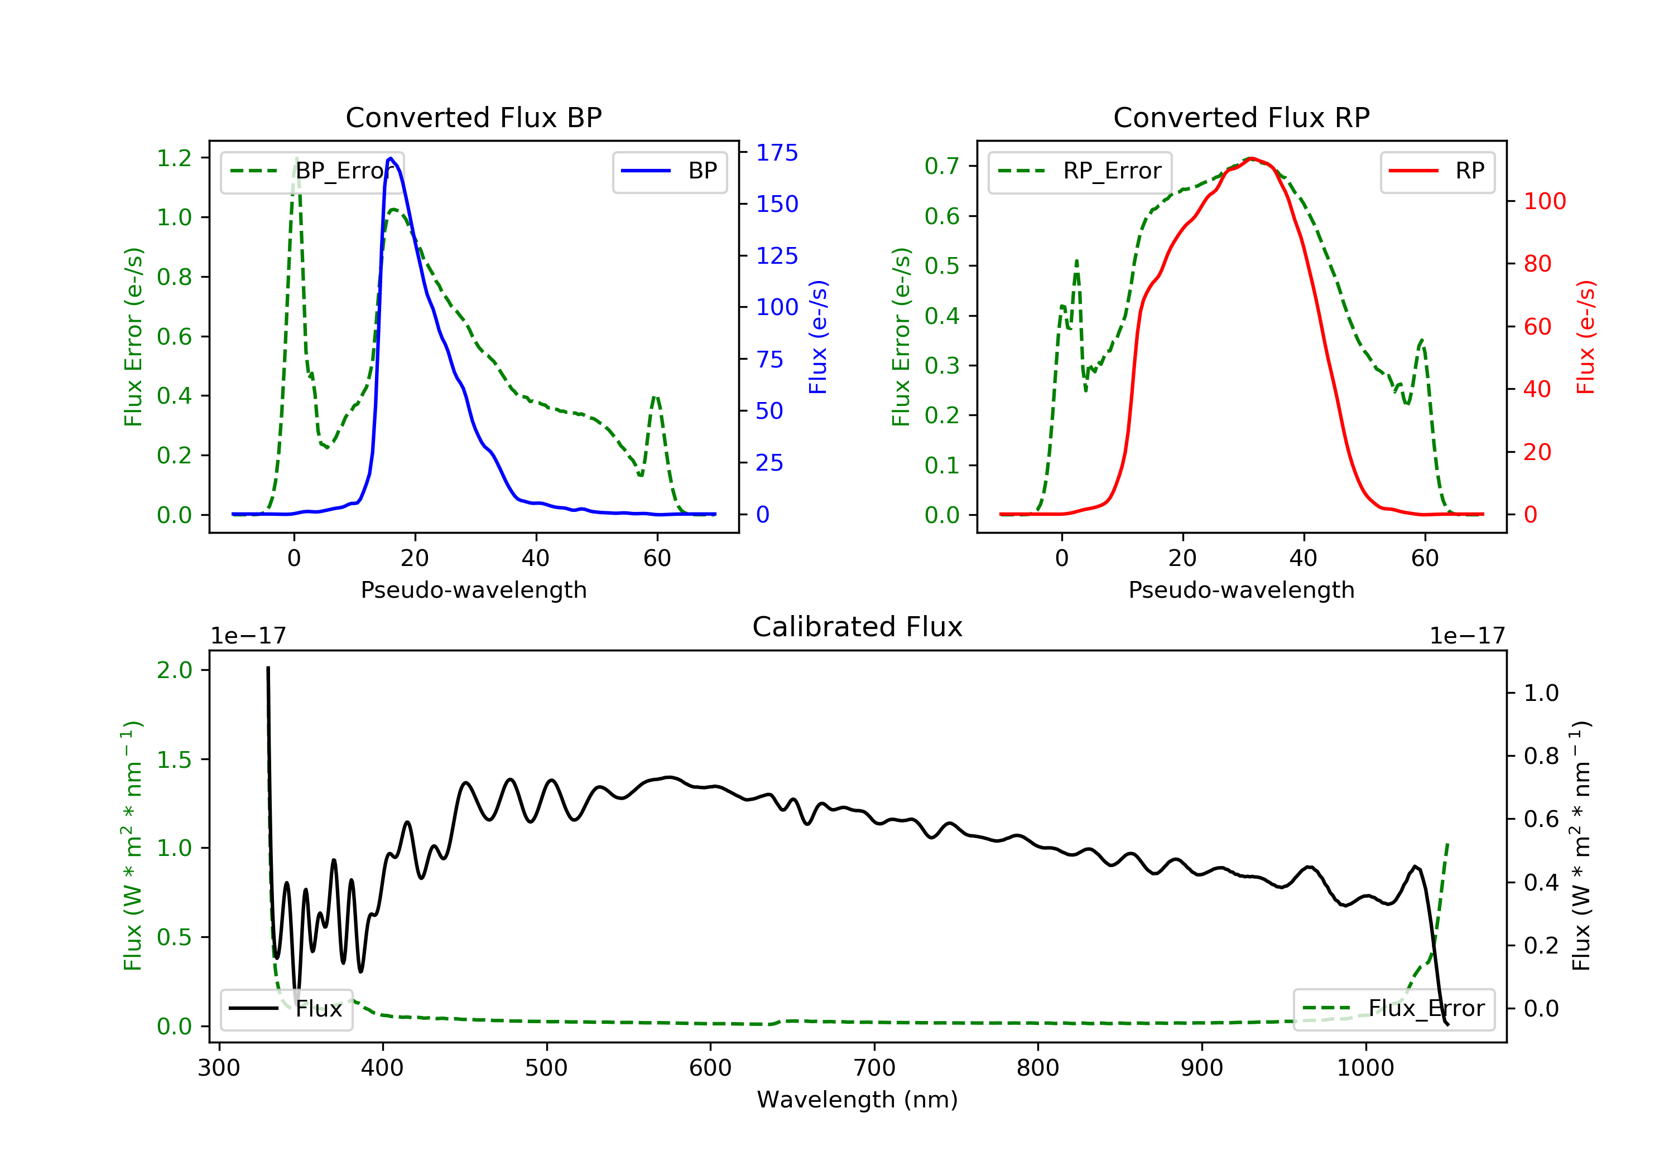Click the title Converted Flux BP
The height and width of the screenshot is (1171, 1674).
click(473, 117)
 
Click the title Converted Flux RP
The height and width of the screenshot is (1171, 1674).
click(1241, 117)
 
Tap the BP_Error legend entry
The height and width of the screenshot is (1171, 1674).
click(312, 171)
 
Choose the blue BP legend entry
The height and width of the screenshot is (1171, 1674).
click(669, 171)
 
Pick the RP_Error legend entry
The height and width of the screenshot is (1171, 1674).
click(1080, 171)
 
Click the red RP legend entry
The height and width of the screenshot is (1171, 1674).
click(1437, 171)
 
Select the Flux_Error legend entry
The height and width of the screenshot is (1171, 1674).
click(1393, 1009)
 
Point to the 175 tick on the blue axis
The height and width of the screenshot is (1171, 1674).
click(777, 153)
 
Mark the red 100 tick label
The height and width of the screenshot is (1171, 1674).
click(1544, 201)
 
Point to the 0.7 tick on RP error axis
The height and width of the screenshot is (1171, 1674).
click(942, 166)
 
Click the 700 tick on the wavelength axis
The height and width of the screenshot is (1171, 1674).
click(874, 1068)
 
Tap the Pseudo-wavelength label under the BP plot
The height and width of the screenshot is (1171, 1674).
click(473, 590)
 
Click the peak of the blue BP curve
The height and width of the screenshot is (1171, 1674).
click(391, 158)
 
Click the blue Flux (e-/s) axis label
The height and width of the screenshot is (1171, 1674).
click(818, 337)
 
